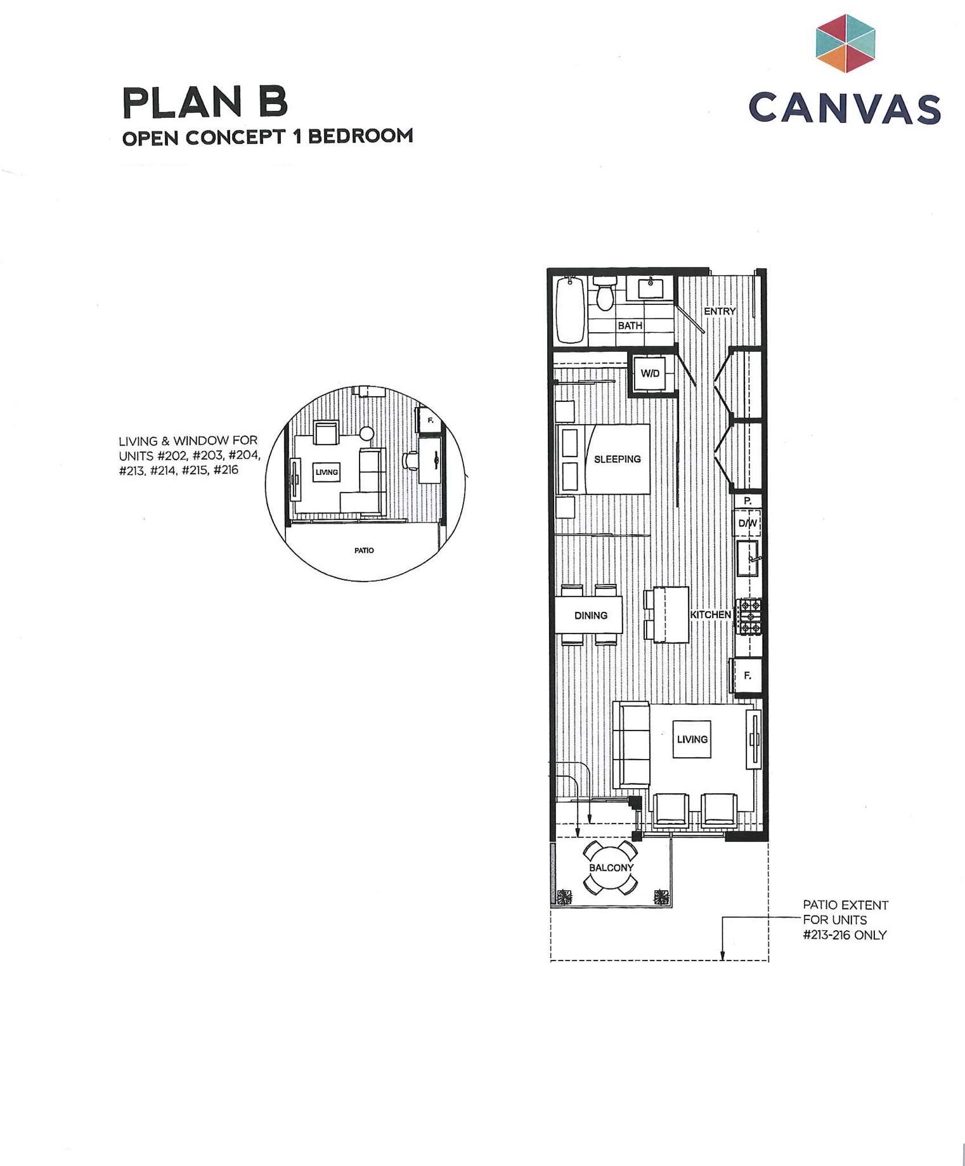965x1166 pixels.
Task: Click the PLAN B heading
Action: (x=205, y=102)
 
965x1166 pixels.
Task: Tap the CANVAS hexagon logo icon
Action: (x=845, y=43)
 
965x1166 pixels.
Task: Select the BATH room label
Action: (x=630, y=325)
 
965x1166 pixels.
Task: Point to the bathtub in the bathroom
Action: (x=570, y=310)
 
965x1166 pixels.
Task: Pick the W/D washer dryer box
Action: (x=650, y=373)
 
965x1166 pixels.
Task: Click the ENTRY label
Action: (x=720, y=311)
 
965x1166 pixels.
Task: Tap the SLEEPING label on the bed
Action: (x=617, y=459)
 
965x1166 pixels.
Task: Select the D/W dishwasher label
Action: (x=748, y=523)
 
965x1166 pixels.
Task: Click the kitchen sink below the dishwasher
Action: (x=748, y=558)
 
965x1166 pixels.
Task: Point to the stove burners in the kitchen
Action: (x=748, y=617)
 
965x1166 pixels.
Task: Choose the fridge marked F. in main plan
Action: (x=748, y=676)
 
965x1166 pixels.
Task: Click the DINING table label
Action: (x=590, y=615)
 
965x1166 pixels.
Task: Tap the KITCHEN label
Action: (x=710, y=614)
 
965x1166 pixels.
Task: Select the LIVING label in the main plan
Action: (x=692, y=739)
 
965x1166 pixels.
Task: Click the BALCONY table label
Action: (x=611, y=867)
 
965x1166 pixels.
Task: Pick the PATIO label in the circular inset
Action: (x=364, y=550)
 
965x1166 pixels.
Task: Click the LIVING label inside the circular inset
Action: (x=327, y=472)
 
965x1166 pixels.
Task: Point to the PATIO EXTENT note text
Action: (x=845, y=919)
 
